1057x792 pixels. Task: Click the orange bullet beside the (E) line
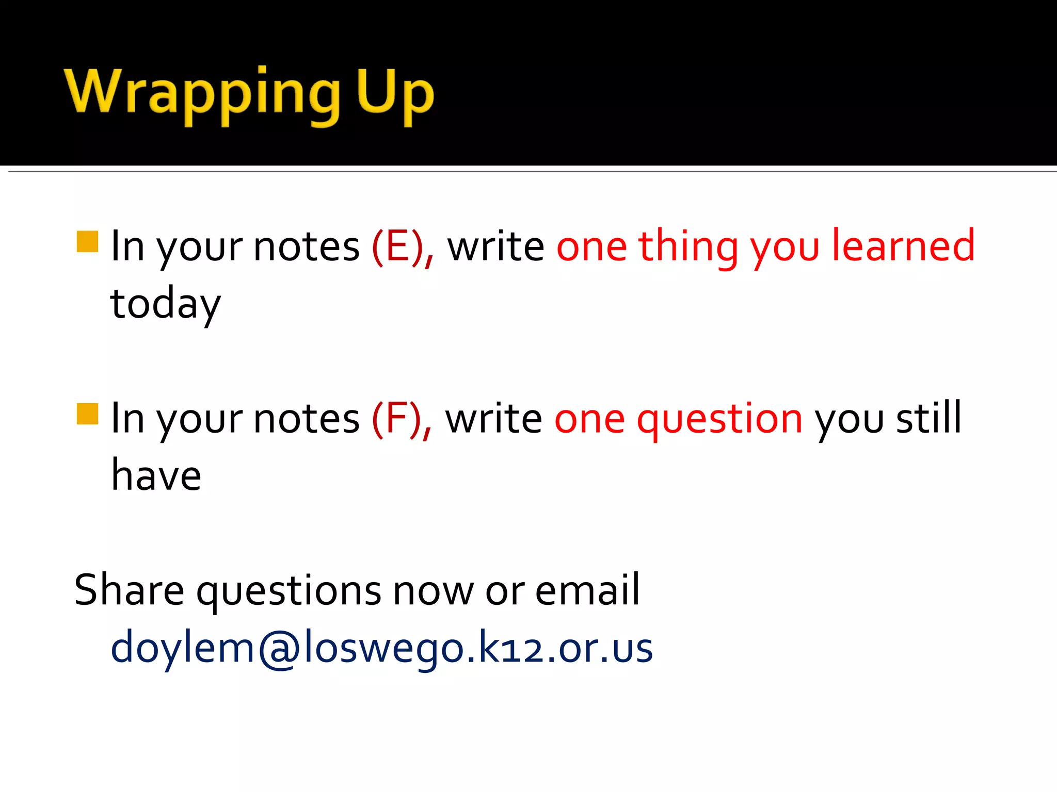click(87, 241)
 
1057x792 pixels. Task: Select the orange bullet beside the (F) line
click(87, 414)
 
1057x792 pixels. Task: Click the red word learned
click(903, 246)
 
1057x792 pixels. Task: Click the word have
click(156, 475)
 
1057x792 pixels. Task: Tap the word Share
click(129, 590)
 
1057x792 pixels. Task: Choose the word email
click(587, 590)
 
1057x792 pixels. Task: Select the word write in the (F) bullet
click(493, 419)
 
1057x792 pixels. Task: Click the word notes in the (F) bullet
click(307, 419)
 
